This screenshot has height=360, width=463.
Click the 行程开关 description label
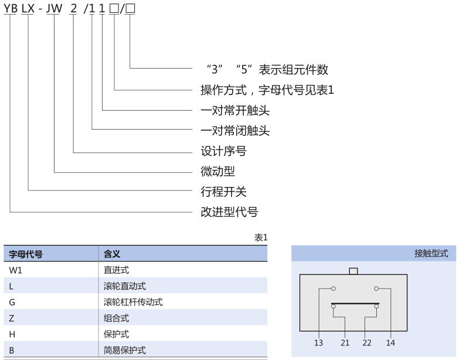point(223,192)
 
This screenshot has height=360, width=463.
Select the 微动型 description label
point(217,171)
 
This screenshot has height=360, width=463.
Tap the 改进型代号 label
point(229,212)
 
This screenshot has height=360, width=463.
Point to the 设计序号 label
point(223,151)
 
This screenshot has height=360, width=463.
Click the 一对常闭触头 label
point(235,131)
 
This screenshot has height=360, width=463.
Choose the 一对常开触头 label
point(235,110)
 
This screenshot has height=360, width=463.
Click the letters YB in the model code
point(11,8)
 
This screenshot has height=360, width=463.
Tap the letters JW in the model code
point(55,8)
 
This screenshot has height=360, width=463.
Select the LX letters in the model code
point(28,8)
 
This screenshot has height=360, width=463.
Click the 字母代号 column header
point(26,254)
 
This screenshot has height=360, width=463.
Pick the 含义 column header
point(112,254)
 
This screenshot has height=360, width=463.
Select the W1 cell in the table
point(15,270)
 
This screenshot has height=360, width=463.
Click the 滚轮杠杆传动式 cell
point(133,302)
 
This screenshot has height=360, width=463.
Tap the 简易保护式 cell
point(125,350)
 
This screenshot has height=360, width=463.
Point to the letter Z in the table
point(12,318)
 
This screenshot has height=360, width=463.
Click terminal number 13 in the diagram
point(318,342)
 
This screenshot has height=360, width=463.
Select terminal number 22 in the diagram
point(367,342)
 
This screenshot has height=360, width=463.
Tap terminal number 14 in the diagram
point(390,342)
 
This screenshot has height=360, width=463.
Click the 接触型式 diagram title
point(431,253)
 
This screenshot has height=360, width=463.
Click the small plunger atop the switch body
point(353,271)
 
